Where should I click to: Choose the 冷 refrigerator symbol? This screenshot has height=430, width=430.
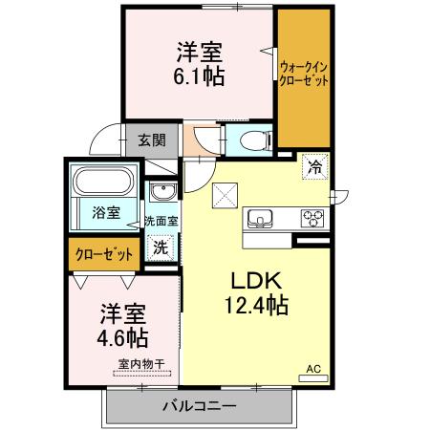[x=314, y=167]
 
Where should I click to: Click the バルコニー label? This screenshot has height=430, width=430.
[x=198, y=406]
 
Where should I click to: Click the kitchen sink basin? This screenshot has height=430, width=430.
[x=260, y=219]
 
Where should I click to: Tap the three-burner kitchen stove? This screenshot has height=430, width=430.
[x=312, y=218]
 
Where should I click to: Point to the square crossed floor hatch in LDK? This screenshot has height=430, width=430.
[x=226, y=195]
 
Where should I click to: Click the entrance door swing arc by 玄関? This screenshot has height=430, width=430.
[x=101, y=144]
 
